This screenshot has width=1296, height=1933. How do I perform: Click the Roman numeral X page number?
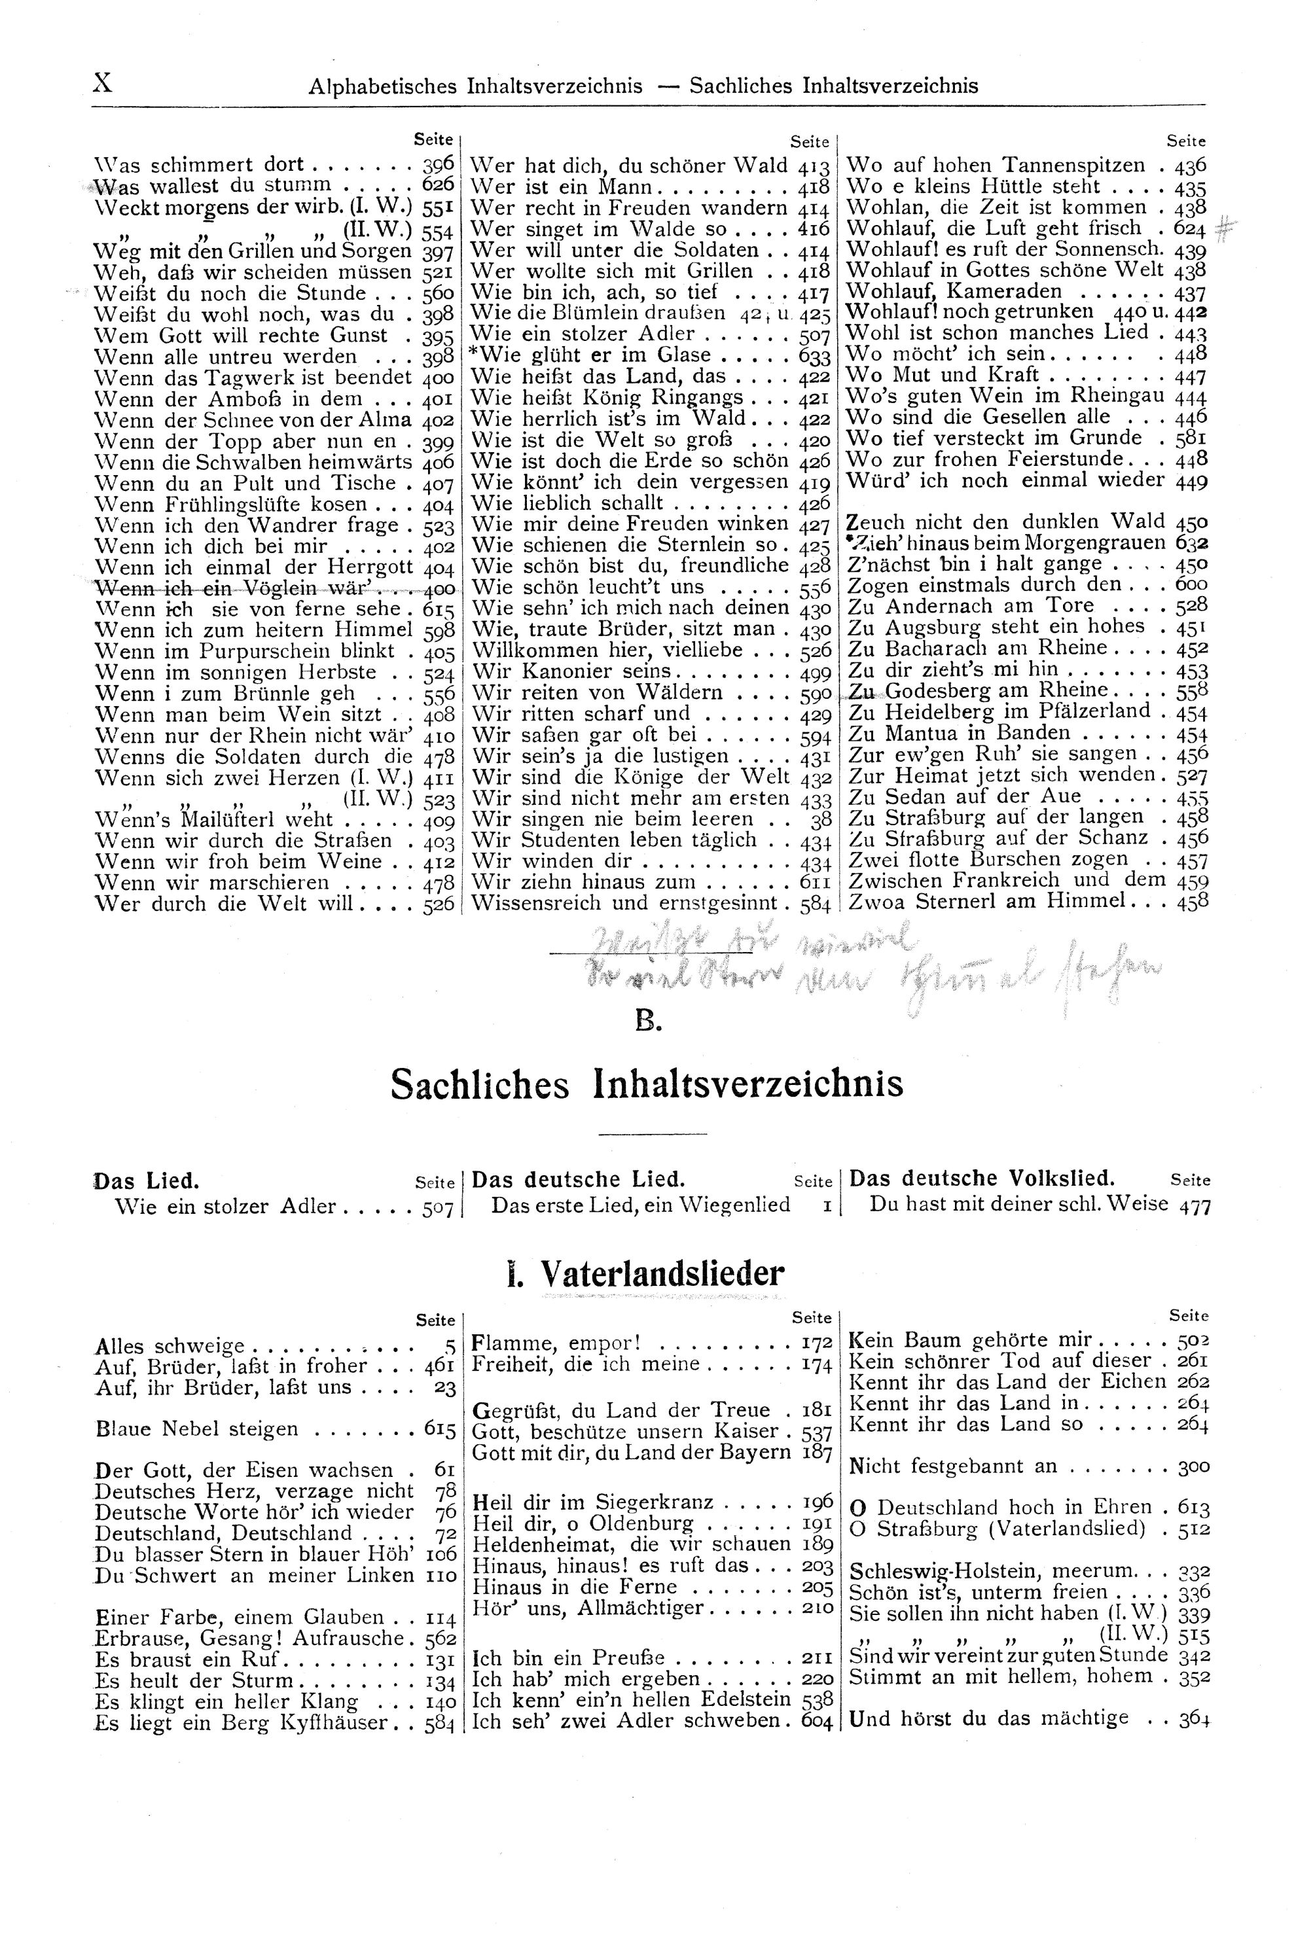pos(103,84)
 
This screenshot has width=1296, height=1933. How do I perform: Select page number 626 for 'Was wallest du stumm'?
pos(438,185)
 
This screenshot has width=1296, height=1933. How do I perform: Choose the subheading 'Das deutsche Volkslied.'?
pos(982,1179)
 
